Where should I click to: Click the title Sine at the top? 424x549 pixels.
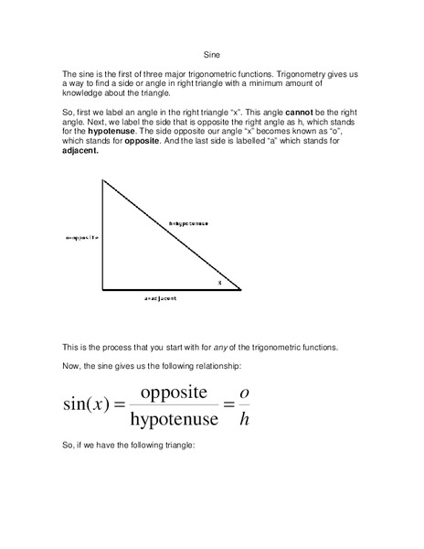211,53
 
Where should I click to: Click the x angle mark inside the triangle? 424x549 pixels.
219,283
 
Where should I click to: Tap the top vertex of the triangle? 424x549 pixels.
102,179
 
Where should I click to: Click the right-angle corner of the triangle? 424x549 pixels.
102,290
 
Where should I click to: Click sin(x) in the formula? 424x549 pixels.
87,404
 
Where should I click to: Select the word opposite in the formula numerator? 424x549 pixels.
175,391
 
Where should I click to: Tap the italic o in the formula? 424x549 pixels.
243,392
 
